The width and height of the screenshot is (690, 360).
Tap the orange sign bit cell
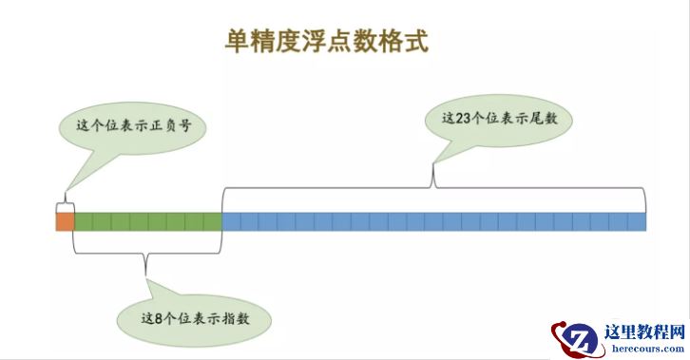[x=65, y=221]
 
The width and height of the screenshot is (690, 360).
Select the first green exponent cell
[x=83, y=221]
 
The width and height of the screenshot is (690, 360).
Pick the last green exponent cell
[x=212, y=221]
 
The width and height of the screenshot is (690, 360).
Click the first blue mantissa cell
[x=231, y=221]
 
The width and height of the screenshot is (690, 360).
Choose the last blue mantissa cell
[x=637, y=221]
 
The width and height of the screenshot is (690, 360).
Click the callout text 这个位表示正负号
[x=127, y=125]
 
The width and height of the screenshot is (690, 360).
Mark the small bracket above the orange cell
[x=65, y=203]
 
